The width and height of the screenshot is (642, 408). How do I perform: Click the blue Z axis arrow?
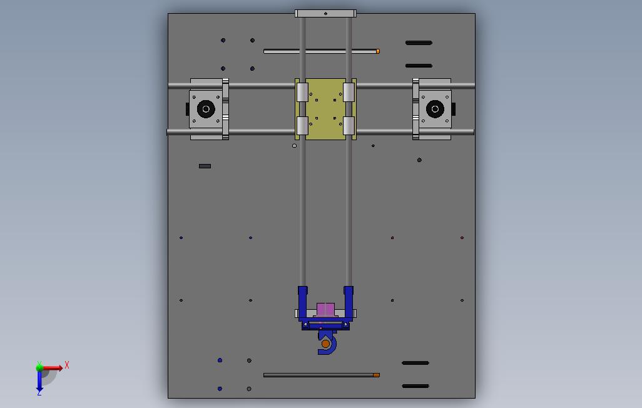point(39,381)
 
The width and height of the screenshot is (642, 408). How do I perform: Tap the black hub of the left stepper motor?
point(206,109)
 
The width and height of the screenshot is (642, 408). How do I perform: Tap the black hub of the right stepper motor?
point(435,109)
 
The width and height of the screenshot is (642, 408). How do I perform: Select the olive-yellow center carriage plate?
point(325,109)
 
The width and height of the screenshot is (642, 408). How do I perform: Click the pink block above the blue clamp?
point(325,309)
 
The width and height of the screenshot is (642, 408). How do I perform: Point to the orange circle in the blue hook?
point(325,344)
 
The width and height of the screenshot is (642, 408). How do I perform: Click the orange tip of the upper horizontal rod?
point(378,51)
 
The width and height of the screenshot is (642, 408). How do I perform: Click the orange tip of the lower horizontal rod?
point(376,375)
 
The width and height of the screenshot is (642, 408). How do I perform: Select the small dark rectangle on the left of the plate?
point(205,166)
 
